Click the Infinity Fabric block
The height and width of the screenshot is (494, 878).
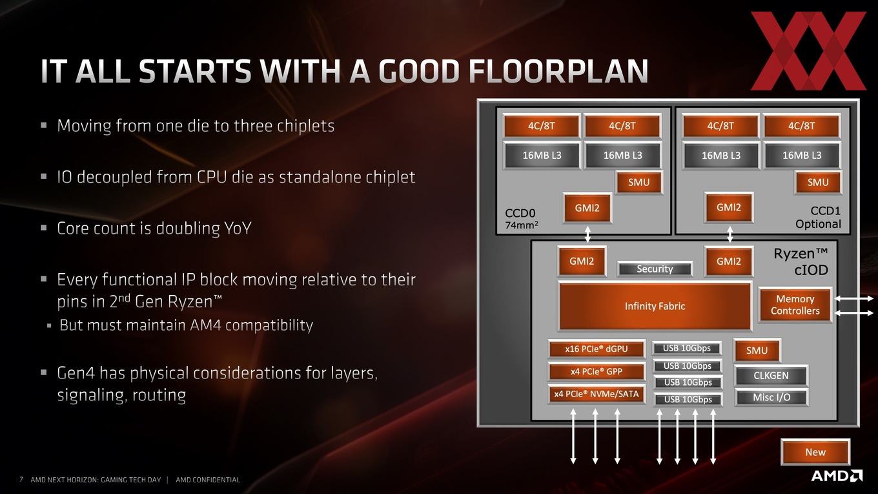[x=655, y=306]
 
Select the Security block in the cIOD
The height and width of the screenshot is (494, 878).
[x=655, y=269]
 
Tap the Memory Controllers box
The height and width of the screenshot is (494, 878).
[x=795, y=305]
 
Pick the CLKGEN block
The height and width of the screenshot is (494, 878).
[x=771, y=376]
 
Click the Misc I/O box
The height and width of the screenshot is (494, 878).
[x=771, y=398]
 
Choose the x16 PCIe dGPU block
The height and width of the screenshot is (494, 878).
[x=596, y=349]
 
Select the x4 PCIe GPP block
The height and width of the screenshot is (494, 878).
[x=596, y=371]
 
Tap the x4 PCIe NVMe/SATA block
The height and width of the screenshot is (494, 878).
[x=596, y=394]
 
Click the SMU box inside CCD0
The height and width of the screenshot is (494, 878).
[x=639, y=182]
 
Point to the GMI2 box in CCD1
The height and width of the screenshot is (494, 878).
[x=729, y=207]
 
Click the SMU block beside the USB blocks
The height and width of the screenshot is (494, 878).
[x=757, y=351]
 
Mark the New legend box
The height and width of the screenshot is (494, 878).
[x=815, y=452]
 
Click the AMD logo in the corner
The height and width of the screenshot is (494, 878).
[x=837, y=475]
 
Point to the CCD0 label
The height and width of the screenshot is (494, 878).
[x=520, y=213]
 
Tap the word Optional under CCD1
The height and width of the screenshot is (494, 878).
[x=818, y=224]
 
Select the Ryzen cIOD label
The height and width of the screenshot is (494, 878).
[x=801, y=262]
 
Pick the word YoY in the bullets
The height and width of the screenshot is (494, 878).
[x=236, y=229]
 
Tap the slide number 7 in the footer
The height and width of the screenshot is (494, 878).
[x=21, y=480]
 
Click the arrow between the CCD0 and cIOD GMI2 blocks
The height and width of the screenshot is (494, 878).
[x=587, y=234]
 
